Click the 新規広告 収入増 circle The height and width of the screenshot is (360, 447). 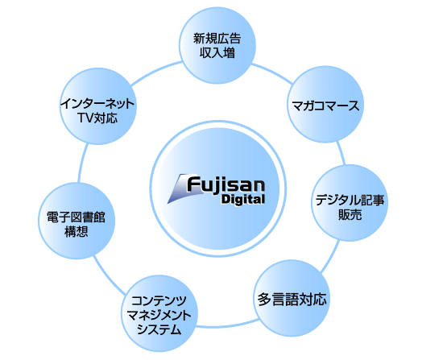pos(217,46)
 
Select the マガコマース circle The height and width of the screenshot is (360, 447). pos(325,105)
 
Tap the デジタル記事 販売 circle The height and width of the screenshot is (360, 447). pos(350,203)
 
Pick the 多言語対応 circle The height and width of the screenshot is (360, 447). pos(292,298)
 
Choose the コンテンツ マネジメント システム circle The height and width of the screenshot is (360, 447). pos(159,313)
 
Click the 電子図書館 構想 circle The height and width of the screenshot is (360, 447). pos(77,221)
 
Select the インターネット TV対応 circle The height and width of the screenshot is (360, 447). pos(98,106)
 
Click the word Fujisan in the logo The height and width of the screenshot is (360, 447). pos(226,184)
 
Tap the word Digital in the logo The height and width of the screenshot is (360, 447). pos(243,199)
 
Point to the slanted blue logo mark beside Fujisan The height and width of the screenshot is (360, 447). pos(178,188)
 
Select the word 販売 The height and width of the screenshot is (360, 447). pos(350,215)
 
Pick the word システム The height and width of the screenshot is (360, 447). pos(159,329)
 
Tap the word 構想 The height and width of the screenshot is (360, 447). pos(77,231)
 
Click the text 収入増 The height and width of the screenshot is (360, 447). pos(217,52)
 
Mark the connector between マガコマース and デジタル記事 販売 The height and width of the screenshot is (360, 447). pos(341,153)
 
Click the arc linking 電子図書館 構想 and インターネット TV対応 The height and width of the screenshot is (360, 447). pos(82,163)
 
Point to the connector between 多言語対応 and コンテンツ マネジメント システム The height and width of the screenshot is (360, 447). pos(227,325)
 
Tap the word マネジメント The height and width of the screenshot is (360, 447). pos(159,315)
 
